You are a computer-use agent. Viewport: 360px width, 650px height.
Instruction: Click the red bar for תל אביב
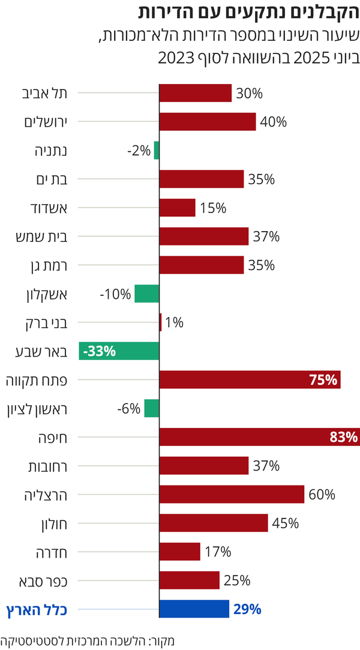195,93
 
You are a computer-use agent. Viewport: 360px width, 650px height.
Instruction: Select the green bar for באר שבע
119,351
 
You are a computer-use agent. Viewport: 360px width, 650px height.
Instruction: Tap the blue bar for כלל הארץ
194,609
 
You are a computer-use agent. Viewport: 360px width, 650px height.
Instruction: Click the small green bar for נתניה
157,150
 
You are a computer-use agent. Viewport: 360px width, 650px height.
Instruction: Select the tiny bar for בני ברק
160,322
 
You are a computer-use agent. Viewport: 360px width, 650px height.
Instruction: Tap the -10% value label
115,294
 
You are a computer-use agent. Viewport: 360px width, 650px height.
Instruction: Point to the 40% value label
274,122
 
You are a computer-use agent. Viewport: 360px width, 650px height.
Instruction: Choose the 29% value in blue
247,610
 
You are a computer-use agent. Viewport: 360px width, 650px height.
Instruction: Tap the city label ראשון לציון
37,409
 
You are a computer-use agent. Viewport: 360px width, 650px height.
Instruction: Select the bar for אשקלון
147,294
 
